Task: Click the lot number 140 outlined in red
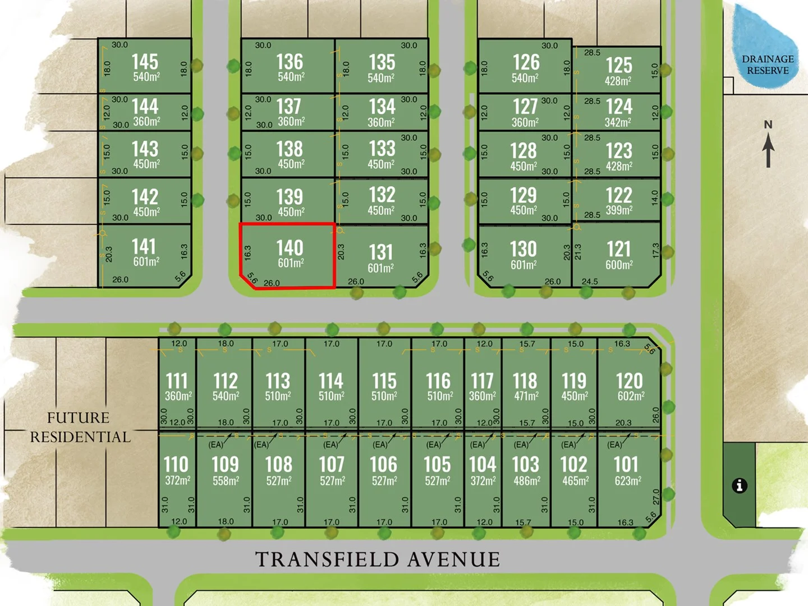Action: click(290, 248)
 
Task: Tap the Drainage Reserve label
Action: click(768, 65)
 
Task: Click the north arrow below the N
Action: click(768, 150)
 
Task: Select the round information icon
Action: click(740, 485)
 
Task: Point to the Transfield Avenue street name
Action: click(378, 559)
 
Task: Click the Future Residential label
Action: click(79, 427)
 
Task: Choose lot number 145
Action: click(145, 62)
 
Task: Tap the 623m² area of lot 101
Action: click(627, 481)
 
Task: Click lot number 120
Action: click(629, 381)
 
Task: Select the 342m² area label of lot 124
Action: click(618, 122)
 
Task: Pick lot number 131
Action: click(381, 252)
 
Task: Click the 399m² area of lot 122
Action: click(619, 210)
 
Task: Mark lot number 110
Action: click(176, 464)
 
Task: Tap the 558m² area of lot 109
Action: click(226, 481)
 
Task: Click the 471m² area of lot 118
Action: click(526, 396)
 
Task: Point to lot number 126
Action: click(526, 62)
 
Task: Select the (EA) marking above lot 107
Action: click(330, 444)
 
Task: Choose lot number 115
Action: click(384, 381)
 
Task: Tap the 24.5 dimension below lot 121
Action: click(590, 282)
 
